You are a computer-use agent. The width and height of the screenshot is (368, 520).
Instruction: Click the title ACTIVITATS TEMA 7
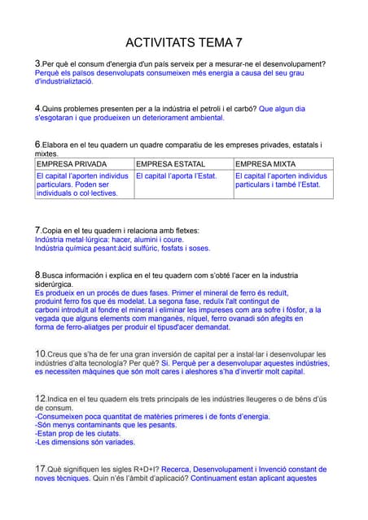tap(184, 42)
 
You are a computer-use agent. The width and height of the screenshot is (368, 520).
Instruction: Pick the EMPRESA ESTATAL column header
tap(171, 163)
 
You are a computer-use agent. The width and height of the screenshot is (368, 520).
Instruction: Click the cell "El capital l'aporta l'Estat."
tap(177, 175)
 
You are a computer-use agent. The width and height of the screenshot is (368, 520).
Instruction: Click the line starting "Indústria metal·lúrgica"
tap(109, 240)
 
